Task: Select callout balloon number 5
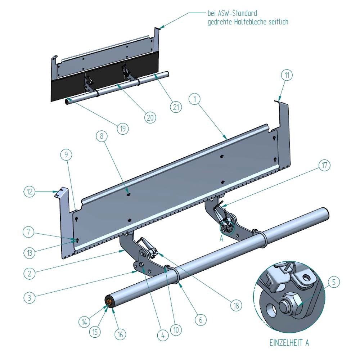(334, 282)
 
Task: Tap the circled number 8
(102, 136)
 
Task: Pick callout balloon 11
(287, 76)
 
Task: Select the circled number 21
(176, 107)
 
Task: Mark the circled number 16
(120, 334)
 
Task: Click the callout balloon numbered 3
(30, 298)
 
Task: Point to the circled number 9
(66, 155)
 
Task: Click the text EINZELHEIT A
(289, 342)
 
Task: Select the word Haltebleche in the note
(252, 22)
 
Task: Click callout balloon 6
(201, 319)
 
